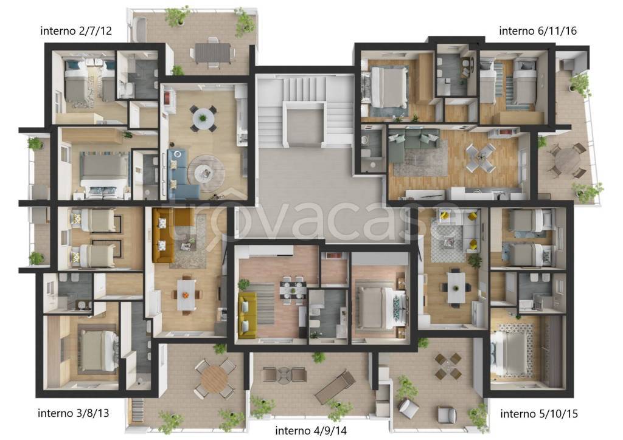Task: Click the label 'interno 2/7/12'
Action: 76,30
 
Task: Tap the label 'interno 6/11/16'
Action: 538,30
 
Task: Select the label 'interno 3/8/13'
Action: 73,413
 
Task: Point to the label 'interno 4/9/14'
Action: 311,430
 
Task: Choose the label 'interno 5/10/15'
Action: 539,414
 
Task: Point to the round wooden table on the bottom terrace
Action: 215,379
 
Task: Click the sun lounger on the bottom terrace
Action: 335,387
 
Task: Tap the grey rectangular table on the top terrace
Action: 212,52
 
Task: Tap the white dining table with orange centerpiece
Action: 186,295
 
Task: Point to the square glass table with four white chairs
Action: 481,157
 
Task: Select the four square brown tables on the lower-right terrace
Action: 448,366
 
